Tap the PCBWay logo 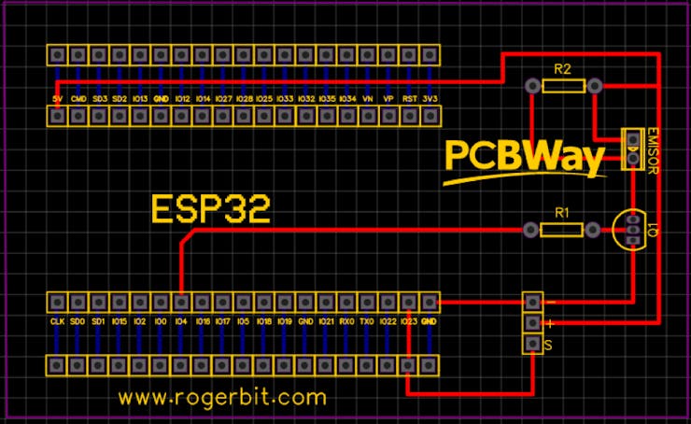[523, 159]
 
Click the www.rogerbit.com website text [223, 397]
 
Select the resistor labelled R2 [562, 86]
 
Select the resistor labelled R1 [562, 230]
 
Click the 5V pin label [58, 98]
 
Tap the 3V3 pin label [430, 98]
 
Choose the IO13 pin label [140, 98]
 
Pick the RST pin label [409, 98]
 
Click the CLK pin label [57, 321]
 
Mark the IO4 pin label [181, 321]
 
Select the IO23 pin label [409, 321]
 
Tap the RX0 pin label [346, 321]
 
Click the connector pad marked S [532, 345]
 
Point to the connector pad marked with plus [532, 323]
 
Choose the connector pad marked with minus [532, 302]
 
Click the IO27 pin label [223, 98]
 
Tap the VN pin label [368, 98]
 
